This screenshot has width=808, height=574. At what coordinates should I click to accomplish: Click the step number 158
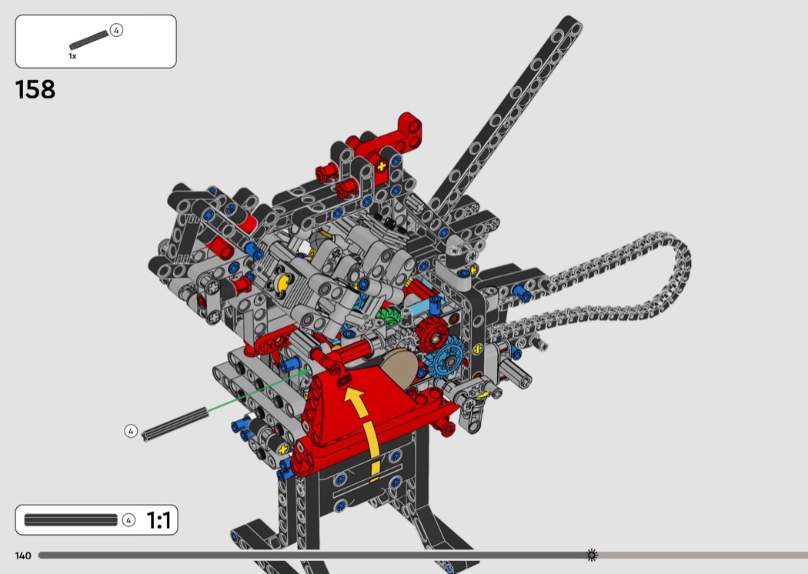pos(35,90)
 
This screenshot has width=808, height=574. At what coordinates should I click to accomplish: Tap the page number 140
pos(23,556)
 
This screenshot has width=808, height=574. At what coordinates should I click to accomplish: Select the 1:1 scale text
pos(159,520)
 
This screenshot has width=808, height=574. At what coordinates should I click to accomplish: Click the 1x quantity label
pos(72,56)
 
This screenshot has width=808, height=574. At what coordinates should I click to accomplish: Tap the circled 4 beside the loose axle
pos(131,431)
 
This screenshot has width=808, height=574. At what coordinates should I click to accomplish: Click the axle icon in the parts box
pos(89,39)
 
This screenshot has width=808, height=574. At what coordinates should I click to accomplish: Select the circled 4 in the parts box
pos(116,31)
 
